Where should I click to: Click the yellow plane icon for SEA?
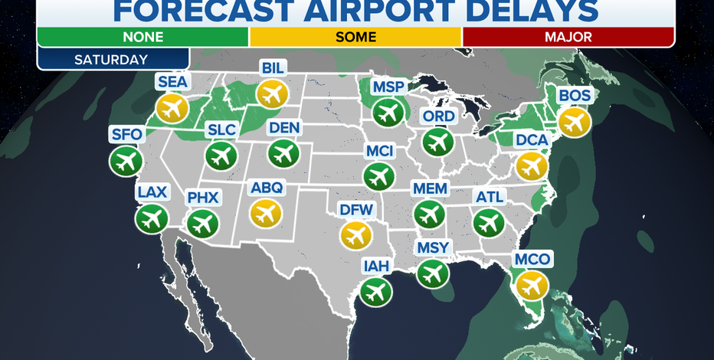click(172, 109)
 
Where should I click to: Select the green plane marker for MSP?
click(388, 113)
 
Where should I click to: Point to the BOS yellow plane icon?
click(575, 121)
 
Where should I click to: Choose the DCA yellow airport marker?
click(531, 166)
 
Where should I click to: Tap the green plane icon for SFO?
click(126, 161)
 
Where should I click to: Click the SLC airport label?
click(221, 131)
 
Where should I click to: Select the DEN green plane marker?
click(284, 153)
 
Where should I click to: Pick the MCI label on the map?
click(379, 152)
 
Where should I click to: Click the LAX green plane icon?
click(152, 219)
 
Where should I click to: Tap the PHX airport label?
click(203, 198)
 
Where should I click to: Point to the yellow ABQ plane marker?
click(266, 211)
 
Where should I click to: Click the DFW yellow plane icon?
click(355, 235)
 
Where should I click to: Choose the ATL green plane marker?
click(489, 222)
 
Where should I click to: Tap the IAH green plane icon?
click(376, 292)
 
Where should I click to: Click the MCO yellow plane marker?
click(532, 285)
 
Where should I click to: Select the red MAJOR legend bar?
click(568, 36)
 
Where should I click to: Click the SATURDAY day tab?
click(113, 58)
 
